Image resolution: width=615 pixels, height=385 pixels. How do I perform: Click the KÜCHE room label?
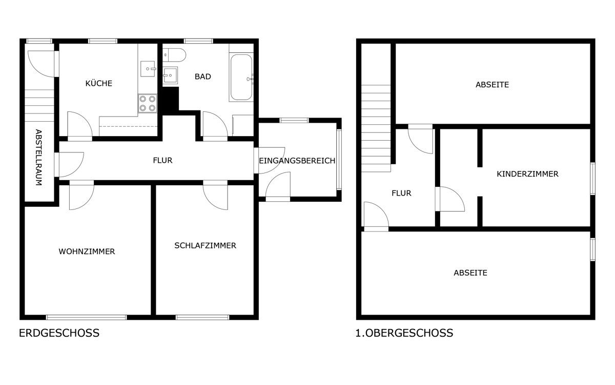[99, 83]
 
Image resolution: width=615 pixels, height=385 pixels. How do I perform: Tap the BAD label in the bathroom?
[202, 76]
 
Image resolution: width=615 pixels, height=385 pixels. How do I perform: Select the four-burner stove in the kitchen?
[148, 103]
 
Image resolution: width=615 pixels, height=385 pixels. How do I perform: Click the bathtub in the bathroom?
[241, 78]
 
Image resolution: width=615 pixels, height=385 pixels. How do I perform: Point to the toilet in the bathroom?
[174, 55]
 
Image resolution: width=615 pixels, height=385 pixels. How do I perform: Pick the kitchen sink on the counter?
[148, 69]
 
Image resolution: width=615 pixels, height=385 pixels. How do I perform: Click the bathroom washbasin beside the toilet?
[170, 75]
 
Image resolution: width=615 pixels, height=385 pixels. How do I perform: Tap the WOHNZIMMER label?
[87, 252]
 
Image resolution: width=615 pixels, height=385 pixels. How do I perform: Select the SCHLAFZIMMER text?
[205, 245]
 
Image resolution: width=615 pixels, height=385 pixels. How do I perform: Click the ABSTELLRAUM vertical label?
[39, 157]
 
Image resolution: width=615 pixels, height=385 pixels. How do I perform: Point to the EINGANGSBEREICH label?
[297, 161]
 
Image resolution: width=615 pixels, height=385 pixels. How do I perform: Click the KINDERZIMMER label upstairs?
[527, 174]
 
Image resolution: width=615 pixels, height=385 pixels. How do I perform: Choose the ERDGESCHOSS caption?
[59, 333]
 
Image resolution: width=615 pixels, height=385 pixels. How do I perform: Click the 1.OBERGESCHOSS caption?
[404, 333]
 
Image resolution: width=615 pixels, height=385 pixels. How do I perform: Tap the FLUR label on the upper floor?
[401, 193]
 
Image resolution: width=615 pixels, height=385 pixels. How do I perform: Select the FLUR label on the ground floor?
[162, 160]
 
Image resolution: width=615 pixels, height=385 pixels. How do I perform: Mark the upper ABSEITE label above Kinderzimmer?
[492, 84]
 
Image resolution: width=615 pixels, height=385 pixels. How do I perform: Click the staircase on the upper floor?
[376, 128]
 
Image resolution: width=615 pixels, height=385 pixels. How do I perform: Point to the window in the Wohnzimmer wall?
[87, 317]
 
